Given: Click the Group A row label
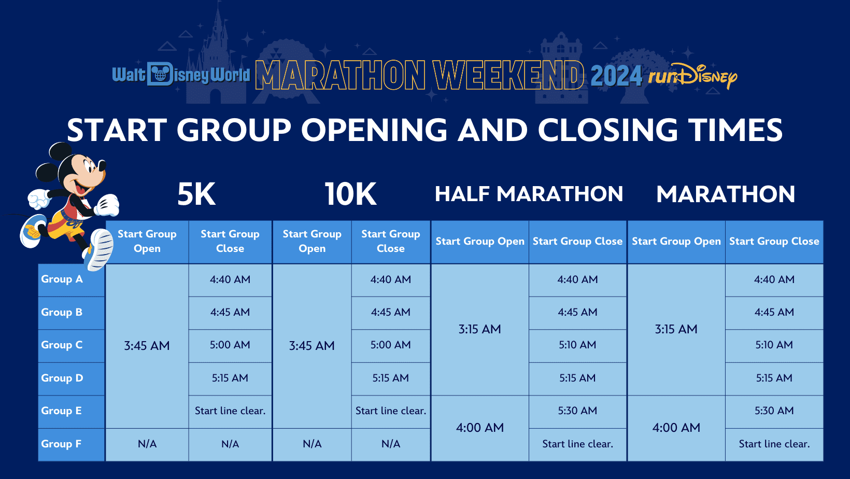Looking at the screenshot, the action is (x=62, y=279).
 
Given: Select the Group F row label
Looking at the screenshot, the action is (x=61, y=444).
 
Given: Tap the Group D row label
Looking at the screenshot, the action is (x=62, y=378).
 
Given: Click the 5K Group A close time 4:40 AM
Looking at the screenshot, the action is (x=230, y=279).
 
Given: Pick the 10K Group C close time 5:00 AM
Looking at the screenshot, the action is (x=390, y=345).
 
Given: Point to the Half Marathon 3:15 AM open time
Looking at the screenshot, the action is (x=479, y=329).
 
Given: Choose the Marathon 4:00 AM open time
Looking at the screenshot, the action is (x=676, y=428).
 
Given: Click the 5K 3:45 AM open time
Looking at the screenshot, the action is (x=147, y=346).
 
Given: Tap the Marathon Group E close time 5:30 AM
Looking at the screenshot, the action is (x=774, y=410).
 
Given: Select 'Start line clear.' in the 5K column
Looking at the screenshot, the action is (x=230, y=411).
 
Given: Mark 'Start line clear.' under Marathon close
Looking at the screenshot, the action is (x=774, y=444).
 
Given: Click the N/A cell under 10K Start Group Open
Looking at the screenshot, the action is (x=312, y=444).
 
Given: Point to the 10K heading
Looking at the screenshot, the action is (x=350, y=194).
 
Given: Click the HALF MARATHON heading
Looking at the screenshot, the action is (x=529, y=194).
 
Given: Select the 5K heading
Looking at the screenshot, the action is (x=196, y=194).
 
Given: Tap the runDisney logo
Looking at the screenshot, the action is (x=692, y=76).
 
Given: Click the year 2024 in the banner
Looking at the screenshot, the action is (x=616, y=76).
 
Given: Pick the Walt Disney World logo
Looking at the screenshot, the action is (x=181, y=74).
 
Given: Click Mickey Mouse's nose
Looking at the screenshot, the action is (x=102, y=165).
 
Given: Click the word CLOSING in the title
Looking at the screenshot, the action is (x=607, y=130).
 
